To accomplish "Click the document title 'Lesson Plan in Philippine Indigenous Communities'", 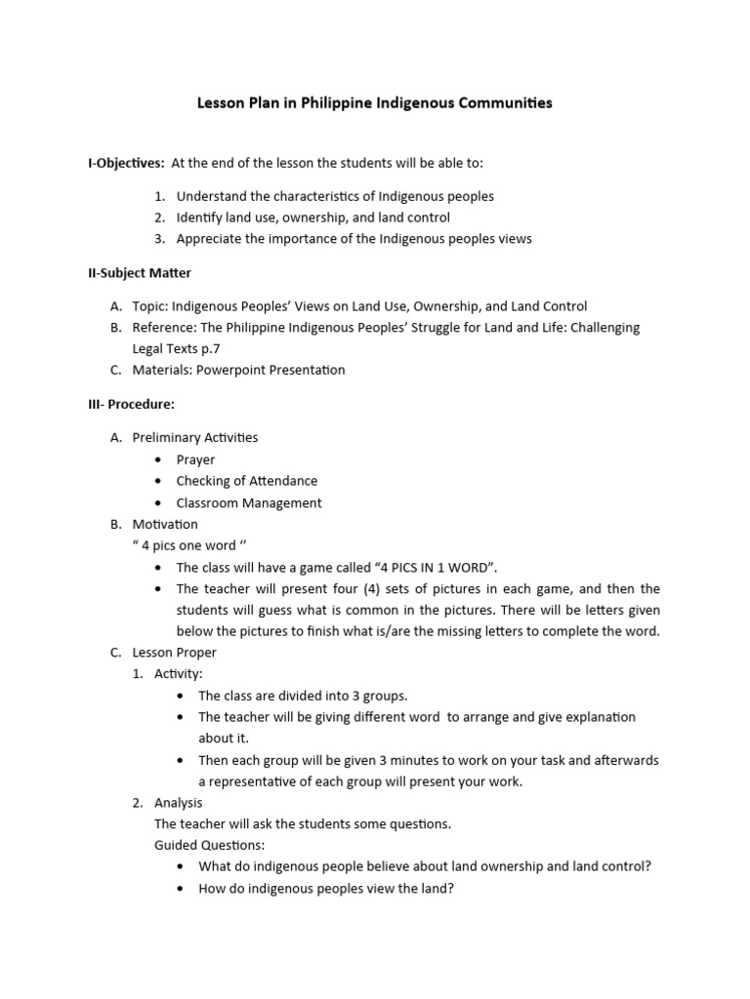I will pyautogui.click(x=375, y=102).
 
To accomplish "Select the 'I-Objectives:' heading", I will pyautogui.click(x=126, y=162).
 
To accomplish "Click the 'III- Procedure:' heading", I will pyautogui.click(x=131, y=404).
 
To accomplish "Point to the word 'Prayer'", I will pyautogui.click(x=195, y=460).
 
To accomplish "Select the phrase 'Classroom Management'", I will pyautogui.click(x=248, y=503).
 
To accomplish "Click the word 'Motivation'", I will pyautogui.click(x=165, y=524).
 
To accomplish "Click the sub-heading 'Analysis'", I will pyautogui.click(x=179, y=802).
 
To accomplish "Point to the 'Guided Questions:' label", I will pyautogui.click(x=209, y=845).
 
